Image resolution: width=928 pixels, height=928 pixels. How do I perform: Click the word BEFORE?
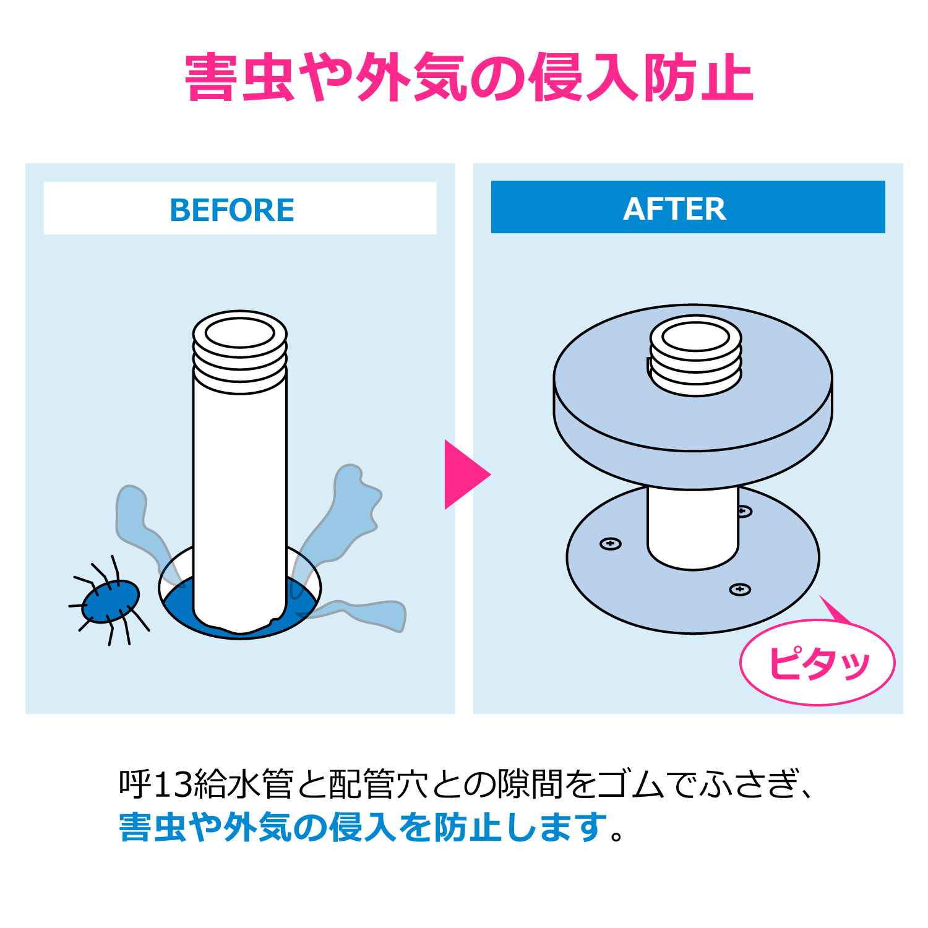pos(232,210)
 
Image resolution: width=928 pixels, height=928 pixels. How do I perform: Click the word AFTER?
pos(675,208)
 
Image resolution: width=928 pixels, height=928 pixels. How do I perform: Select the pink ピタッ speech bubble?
pos(817,662)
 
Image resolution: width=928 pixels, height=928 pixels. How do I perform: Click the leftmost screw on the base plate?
pos(611,544)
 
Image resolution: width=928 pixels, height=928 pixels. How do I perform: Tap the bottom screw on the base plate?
pos(740,589)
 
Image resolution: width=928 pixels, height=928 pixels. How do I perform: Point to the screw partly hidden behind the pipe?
pos(744,512)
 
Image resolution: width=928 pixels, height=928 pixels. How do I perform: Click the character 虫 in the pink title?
pos(267,78)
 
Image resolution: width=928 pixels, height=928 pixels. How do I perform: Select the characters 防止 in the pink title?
pos(698,78)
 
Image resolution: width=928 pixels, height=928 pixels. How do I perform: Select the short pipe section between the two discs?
pos(693,526)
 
